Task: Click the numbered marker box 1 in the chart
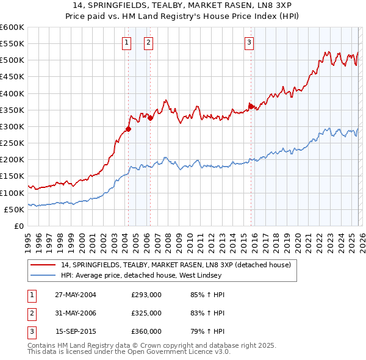tap(127, 42)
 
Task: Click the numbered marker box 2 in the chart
tap(148, 42)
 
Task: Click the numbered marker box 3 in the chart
tap(249, 42)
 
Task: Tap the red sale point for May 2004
tap(128, 129)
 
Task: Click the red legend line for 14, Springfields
tap(43, 265)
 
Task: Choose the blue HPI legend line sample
tap(43, 275)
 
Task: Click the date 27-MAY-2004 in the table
tap(76, 295)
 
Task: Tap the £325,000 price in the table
tap(146, 313)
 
